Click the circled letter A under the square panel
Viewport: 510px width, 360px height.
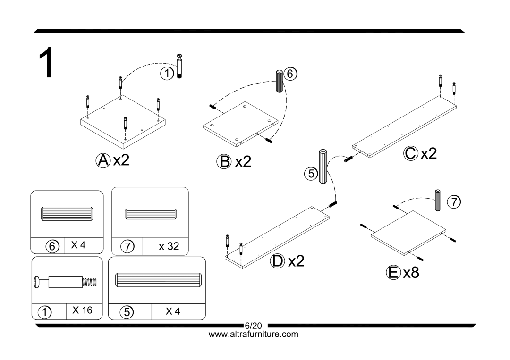tap(102, 161)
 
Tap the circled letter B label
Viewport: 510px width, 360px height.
tap(223, 162)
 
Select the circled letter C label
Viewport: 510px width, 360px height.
tap(411, 153)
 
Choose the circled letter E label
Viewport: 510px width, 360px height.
tap(391, 273)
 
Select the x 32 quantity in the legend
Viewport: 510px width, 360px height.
tap(169, 246)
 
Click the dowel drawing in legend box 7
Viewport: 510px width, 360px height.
tap(150, 213)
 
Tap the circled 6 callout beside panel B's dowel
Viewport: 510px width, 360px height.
tap(291, 74)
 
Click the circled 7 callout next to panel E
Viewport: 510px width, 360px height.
tap(453, 202)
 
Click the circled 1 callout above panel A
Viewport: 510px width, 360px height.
tap(166, 73)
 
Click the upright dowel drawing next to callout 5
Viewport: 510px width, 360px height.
tap(323, 167)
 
